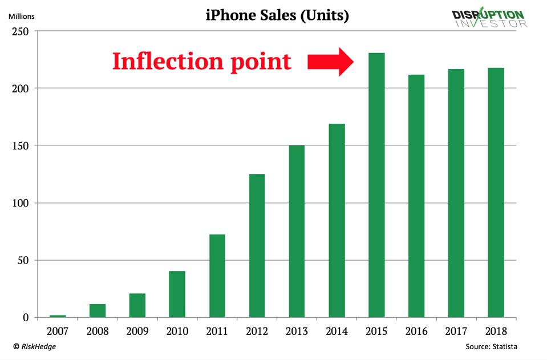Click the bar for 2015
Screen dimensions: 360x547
pos(376,185)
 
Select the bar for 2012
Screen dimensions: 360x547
pos(257,245)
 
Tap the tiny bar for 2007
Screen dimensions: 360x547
pos(58,315)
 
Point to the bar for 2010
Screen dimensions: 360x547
pos(177,294)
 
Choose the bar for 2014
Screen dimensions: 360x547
pos(337,220)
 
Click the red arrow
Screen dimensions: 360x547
pos(331,62)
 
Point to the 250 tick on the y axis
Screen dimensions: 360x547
pos(20,31)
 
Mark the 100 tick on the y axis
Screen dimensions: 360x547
pos(20,203)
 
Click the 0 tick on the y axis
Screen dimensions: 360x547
pos(26,318)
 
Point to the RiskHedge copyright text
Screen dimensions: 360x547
pos(35,346)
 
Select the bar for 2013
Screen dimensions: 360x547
pos(297,231)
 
